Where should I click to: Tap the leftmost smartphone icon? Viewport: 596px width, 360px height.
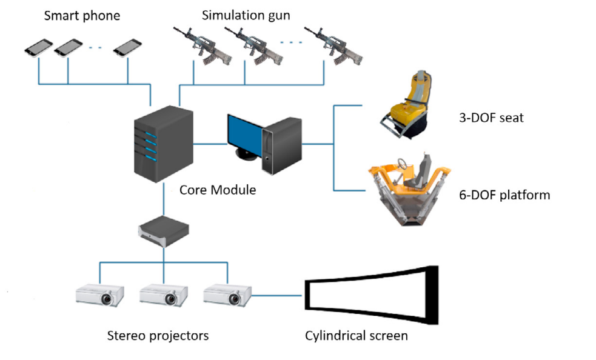coord(38,48)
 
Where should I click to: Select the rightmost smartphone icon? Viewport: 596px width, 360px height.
coord(128,48)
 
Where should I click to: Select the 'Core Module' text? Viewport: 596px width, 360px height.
coord(218,190)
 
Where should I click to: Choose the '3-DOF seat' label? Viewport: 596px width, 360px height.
coord(491,118)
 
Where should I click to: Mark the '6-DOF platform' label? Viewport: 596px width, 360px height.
coord(504,195)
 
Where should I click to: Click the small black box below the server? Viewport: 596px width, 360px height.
coord(163,230)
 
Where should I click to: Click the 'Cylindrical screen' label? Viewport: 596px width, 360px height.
coord(357,335)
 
